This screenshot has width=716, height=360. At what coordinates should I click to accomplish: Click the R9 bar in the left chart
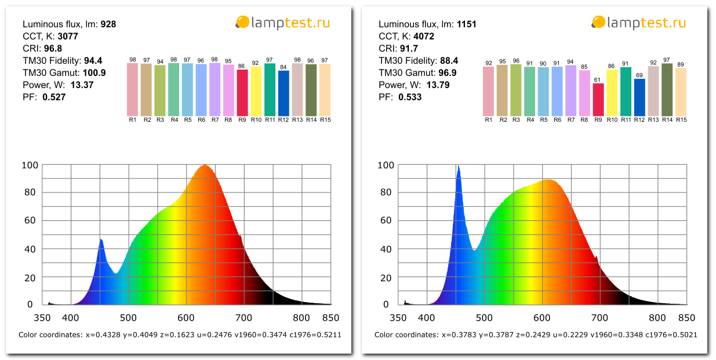coord(242,93)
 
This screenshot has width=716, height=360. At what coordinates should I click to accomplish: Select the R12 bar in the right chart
coord(639,97)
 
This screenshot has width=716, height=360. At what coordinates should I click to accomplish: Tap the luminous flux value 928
coord(108,24)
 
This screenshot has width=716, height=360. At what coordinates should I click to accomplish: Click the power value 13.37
coord(82,85)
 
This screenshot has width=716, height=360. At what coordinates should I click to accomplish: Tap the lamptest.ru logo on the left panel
coord(284,23)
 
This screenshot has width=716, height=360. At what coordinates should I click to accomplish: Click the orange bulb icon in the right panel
coord(598,23)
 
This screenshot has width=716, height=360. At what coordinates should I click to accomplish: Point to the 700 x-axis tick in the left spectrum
coord(243,318)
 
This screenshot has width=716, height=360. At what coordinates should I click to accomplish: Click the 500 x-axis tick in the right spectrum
coord(484,318)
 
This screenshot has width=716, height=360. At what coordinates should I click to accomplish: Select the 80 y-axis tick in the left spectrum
coord(30,193)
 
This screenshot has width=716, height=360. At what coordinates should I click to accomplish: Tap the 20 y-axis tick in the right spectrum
coord(386,277)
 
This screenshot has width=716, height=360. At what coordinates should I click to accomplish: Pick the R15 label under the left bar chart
coord(325,120)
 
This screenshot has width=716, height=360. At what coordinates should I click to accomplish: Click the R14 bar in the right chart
coord(667,90)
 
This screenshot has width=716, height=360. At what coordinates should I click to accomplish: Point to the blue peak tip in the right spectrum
coord(458,166)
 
